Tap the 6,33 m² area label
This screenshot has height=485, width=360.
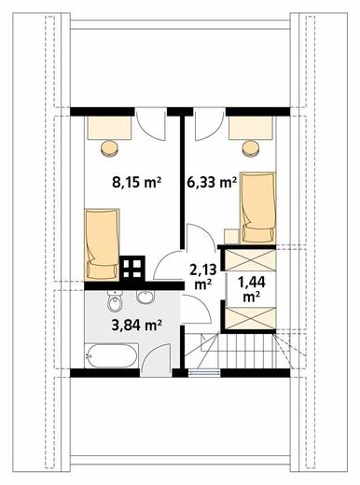click(x=212, y=183)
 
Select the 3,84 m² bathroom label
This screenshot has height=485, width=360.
click(x=137, y=325)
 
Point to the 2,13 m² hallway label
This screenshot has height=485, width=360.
click(x=203, y=276)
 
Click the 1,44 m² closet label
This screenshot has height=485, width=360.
click(x=252, y=290)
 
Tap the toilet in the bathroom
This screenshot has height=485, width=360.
click(x=114, y=301)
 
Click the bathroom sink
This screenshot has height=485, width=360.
click(x=145, y=297)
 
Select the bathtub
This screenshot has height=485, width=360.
click(x=111, y=355)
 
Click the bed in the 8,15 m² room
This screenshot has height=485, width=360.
click(x=102, y=244)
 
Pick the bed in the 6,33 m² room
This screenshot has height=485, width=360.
click(x=257, y=208)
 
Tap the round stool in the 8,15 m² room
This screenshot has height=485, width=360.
click(x=110, y=147)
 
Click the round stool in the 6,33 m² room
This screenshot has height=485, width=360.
click(x=251, y=148)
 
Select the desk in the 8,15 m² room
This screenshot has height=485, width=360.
click(x=109, y=128)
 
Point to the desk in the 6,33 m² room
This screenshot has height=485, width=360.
click(x=251, y=128)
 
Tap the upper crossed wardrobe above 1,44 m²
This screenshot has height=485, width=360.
click(x=250, y=260)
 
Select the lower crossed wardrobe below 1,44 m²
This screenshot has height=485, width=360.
click(x=250, y=318)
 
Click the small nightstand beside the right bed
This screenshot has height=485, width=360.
click(x=231, y=236)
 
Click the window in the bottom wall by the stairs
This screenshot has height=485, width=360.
click(x=204, y=372)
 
